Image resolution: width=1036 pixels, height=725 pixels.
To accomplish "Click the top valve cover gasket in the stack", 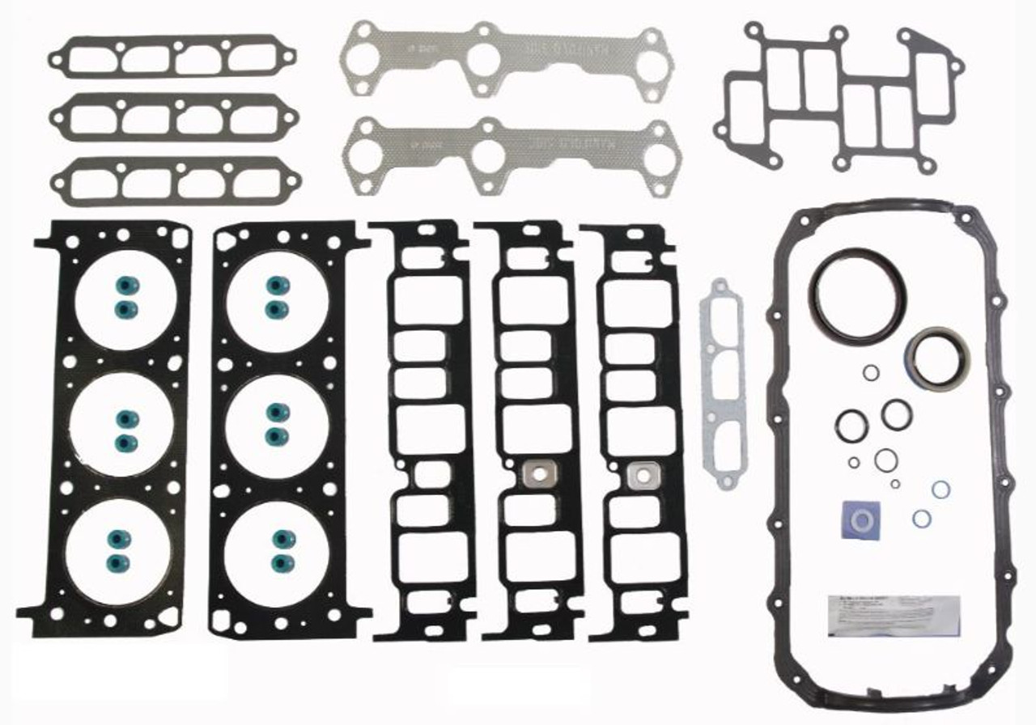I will (172, 57).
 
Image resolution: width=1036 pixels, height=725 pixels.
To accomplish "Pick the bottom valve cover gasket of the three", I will (172, 180).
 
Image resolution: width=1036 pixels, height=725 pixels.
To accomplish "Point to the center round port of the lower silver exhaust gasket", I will (487, 157).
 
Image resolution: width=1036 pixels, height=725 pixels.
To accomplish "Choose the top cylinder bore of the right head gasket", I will (277, 296).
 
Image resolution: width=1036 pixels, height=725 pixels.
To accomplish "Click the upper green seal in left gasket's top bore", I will (125, 286).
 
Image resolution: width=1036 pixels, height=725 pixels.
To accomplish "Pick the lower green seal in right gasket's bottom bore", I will (281, 562).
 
